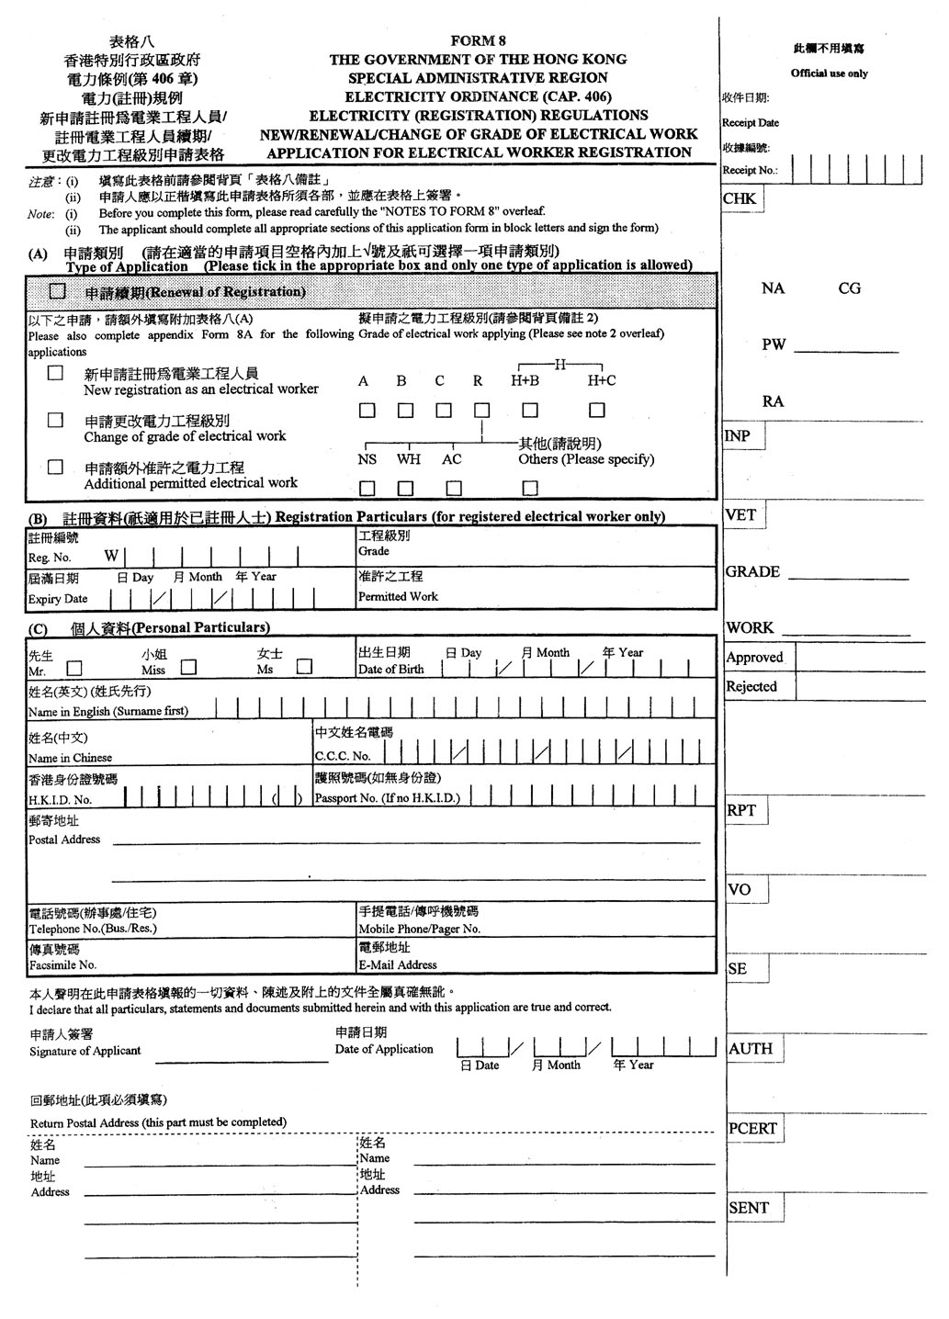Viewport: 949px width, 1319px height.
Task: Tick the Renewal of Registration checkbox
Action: tap(58, 291)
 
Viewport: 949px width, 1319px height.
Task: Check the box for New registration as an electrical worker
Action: tap(56, 373)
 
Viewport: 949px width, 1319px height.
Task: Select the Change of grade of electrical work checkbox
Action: tap(56, 420)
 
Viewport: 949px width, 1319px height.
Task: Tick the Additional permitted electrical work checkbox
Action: tap(56, 467)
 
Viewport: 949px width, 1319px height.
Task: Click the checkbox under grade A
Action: tap(367, 411)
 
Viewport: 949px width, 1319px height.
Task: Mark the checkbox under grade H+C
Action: tap(597, 411)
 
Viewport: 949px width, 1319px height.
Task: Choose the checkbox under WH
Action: tap(405, 488)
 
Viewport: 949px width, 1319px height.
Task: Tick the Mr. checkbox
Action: tap(73, 668)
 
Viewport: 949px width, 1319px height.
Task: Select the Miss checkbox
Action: tap(188, 668)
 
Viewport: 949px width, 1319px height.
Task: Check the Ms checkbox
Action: tap(304, 668)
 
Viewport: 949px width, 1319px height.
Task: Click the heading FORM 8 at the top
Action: tap(478, 40)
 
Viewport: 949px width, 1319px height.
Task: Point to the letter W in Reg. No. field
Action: tap(111, 556)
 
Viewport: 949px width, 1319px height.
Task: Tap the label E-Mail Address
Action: tap(397, 965)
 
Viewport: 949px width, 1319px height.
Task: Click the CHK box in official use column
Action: tap(740, 198)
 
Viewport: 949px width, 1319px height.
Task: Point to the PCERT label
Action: tap(752, 1129)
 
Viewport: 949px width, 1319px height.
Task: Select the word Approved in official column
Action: tap(754, 658)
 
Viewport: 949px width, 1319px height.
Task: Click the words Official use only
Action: tap(829, 73)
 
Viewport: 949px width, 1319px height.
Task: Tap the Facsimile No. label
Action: tap(62, 965)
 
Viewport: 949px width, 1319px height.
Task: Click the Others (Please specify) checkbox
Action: tap(530, 488)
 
